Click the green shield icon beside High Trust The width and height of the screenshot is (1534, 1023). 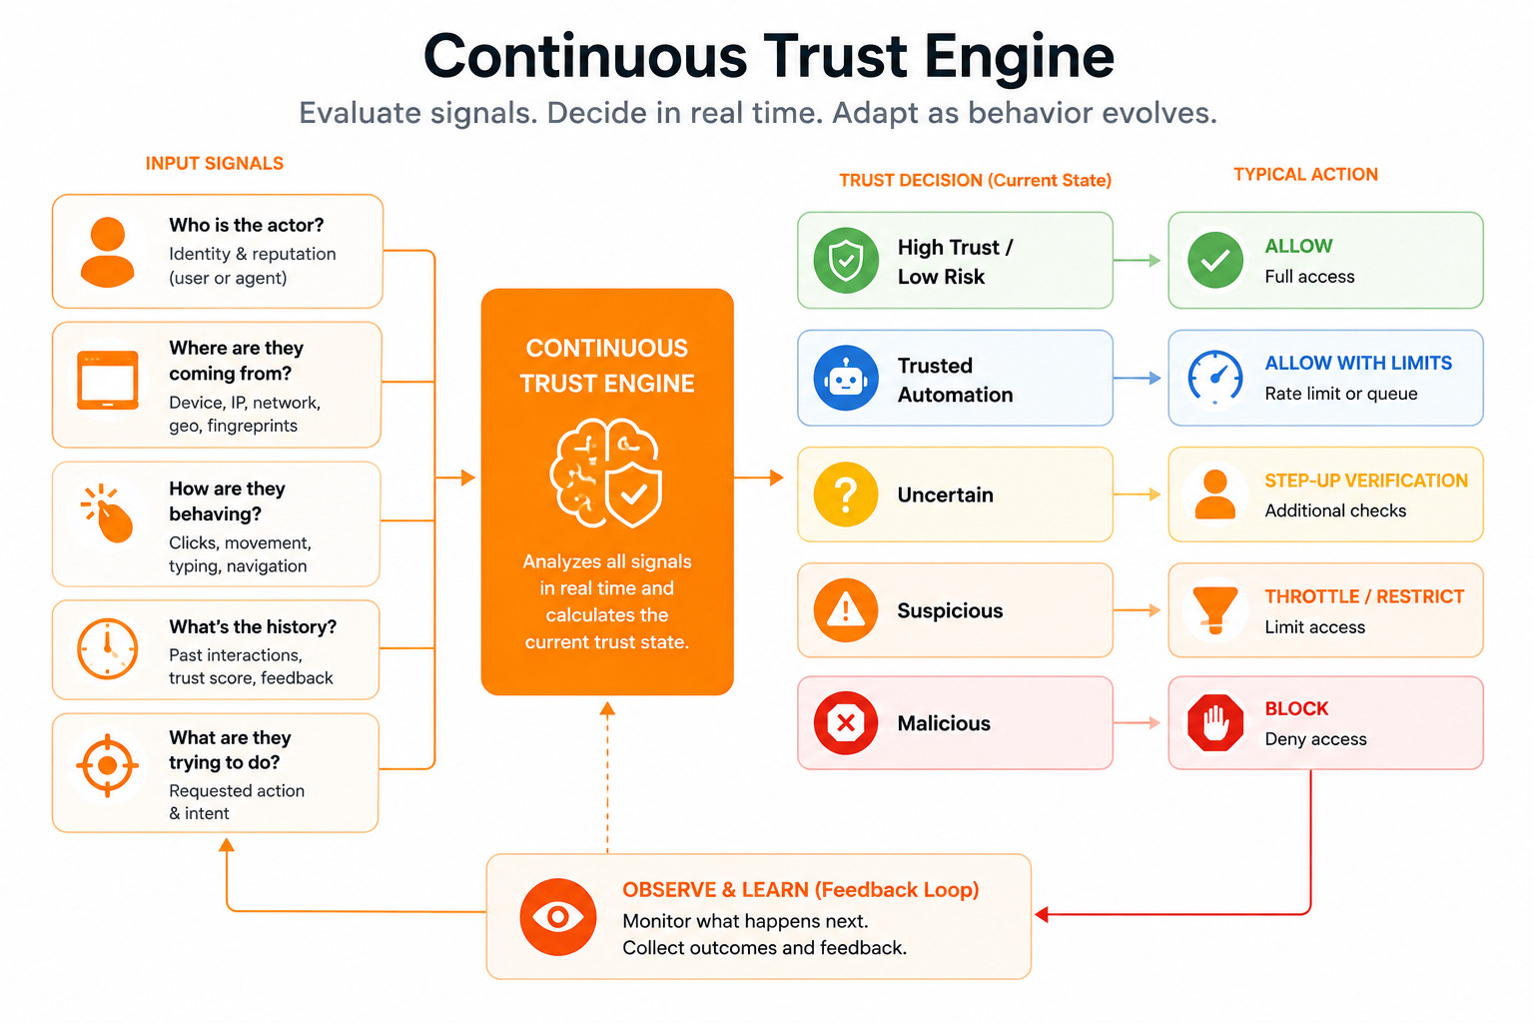(x=846, y=261)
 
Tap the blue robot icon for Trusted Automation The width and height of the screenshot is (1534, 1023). (x=846, y=379)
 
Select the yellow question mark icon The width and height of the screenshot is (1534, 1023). (x=846, y=495)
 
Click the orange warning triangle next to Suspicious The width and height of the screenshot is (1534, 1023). (x=846, y=609)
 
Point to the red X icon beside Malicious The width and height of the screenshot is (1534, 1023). (x=846, y=723)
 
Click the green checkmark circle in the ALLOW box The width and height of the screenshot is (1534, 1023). (x=1215, y=261)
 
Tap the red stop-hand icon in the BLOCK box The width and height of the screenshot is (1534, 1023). (x=1215, y=723)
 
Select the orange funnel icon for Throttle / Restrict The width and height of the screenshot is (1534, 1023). (x=1214, y=609)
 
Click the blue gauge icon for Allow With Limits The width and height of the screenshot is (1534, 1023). (x=1214, y=377)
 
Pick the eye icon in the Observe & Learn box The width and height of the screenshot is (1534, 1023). (x=557, y=917)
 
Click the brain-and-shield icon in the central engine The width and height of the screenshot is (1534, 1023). (x=606, y=473)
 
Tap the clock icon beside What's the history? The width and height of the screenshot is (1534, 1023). (x=108, y=649)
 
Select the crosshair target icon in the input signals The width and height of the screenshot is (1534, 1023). (x=108, y=765)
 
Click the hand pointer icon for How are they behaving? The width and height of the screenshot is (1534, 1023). (x=108, y=513)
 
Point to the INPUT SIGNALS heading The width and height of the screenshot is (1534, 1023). (x=215, y=163)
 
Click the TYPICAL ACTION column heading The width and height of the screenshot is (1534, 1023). (x=1306, y=174)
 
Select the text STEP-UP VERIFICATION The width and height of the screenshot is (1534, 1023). (x=1366, y=481)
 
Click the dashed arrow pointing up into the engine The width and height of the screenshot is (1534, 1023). (x=607, y=777)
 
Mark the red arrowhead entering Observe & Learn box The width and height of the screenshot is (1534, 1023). (x=1042, y=914)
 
